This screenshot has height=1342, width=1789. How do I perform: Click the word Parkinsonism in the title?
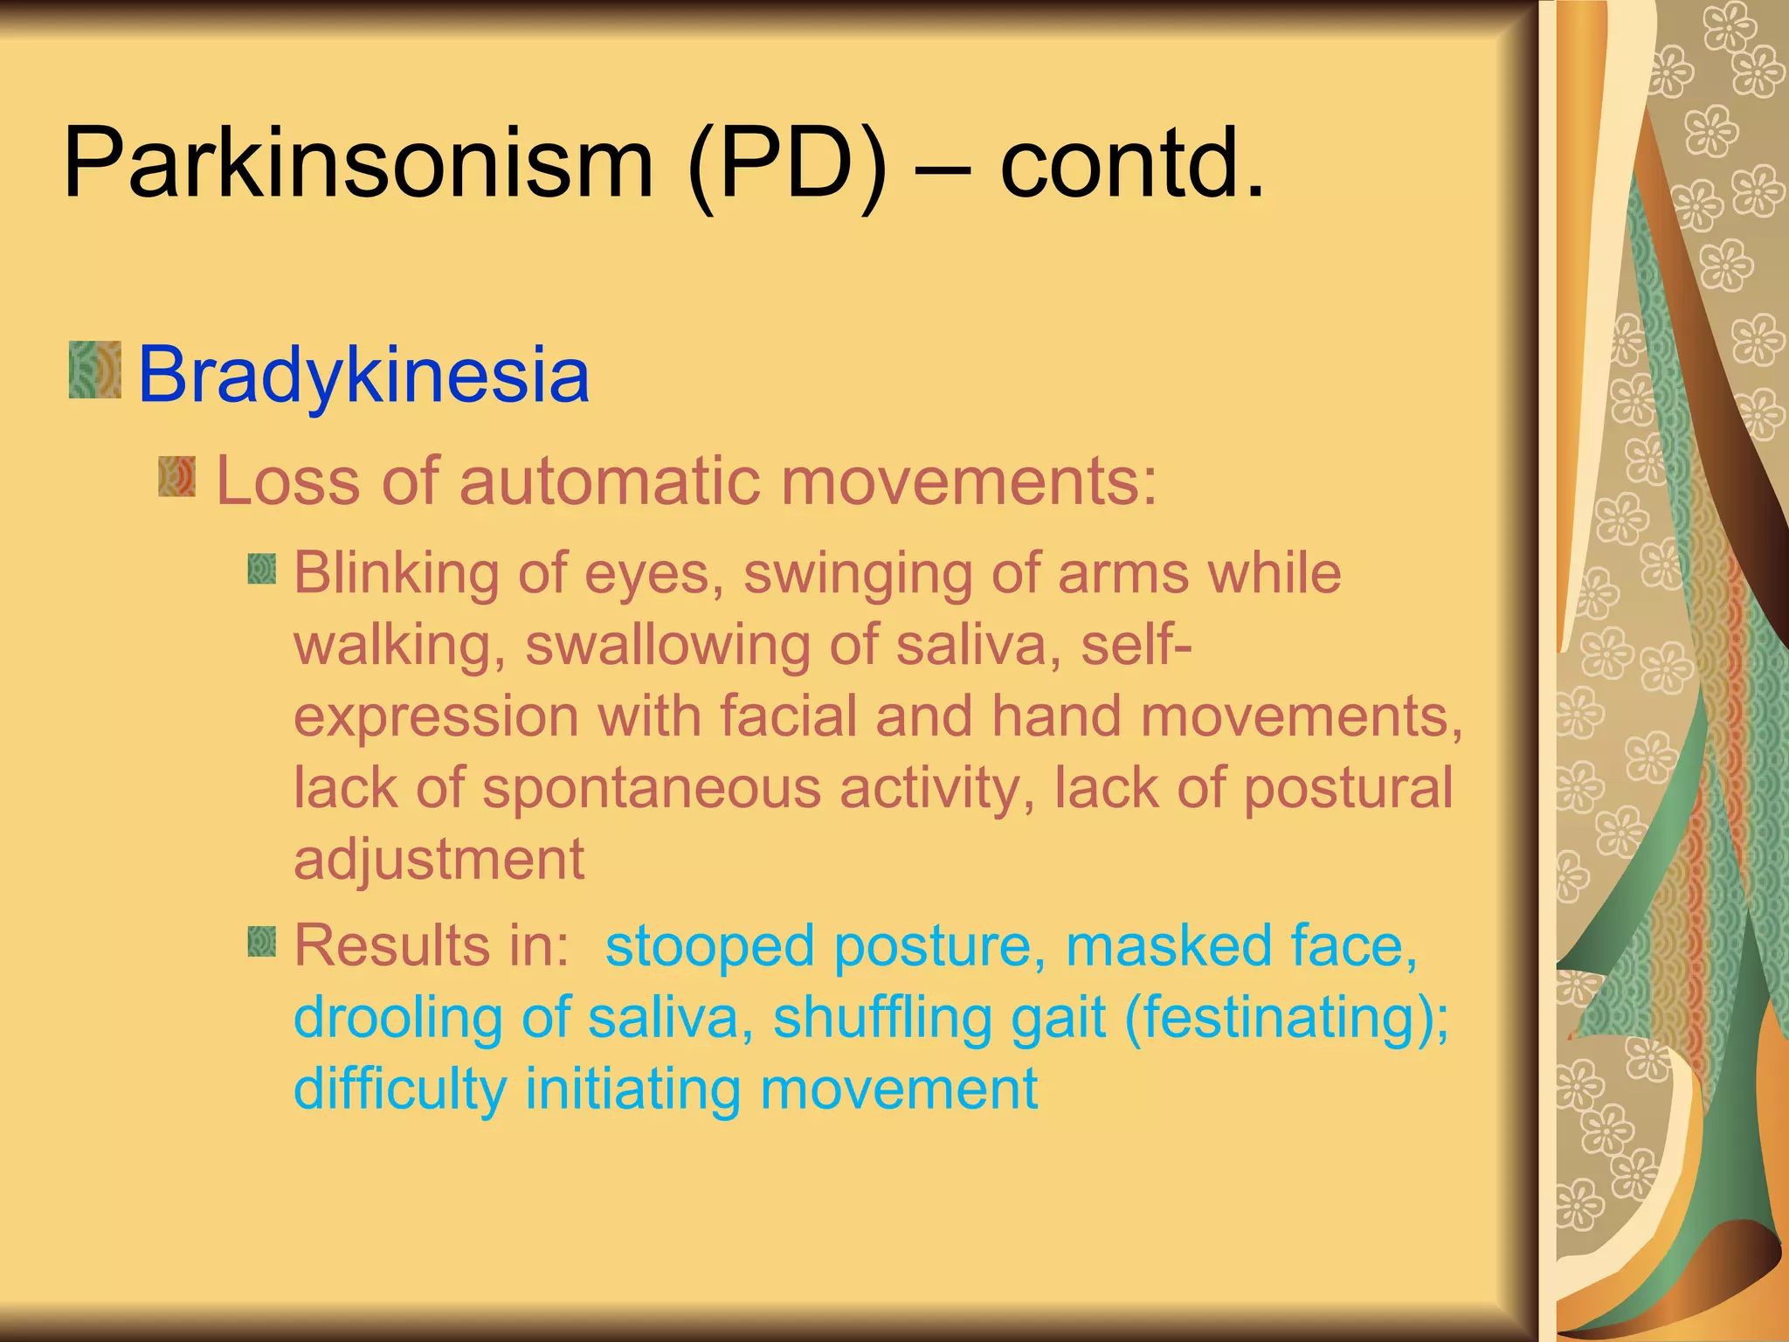click(x=358, y=164)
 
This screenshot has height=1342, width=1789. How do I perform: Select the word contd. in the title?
click(x=1132, y=164)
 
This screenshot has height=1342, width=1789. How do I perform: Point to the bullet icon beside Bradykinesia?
click(x=94, y=370)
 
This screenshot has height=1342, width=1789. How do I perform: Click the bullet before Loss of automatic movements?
click(x=176, y=476)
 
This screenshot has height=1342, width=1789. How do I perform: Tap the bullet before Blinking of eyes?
click(x=261, y=570)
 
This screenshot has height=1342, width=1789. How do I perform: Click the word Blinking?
click(x=395, y=574)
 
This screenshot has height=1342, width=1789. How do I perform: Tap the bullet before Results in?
click(x=261, y=942)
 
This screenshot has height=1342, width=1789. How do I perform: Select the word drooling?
click(x=398, y=1019)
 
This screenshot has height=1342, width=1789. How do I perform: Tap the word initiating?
click(x=633, y=1090)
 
